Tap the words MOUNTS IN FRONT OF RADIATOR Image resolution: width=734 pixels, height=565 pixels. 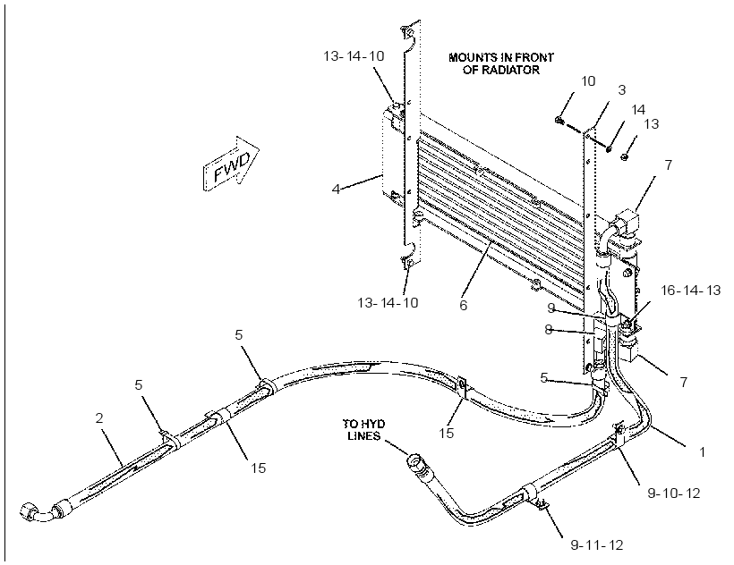(501, 63)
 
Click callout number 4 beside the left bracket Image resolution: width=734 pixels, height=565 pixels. (336, 190)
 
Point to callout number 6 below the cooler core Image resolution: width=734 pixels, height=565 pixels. (463, 305)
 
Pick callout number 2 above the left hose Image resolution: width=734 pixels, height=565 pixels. (98, 417)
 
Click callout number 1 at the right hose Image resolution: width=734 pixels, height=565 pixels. (702, 451)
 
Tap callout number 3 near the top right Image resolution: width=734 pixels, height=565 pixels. (621, 89)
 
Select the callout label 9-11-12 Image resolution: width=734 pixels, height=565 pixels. (597, 545)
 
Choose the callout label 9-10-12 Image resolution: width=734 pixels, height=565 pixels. (674, 493)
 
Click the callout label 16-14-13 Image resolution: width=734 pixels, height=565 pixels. (690, 291)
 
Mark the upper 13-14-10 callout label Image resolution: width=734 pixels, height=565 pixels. (354, 56)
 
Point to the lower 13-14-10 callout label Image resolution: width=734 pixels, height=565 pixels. (388, 302)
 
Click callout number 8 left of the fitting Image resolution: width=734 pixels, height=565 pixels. (549, 330)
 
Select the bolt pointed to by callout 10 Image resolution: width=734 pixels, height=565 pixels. (559, 121)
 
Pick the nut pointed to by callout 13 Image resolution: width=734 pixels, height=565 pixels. (624, 157)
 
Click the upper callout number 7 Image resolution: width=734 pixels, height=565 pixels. (669, 164)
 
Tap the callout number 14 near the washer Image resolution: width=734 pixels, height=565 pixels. (638, 110)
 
